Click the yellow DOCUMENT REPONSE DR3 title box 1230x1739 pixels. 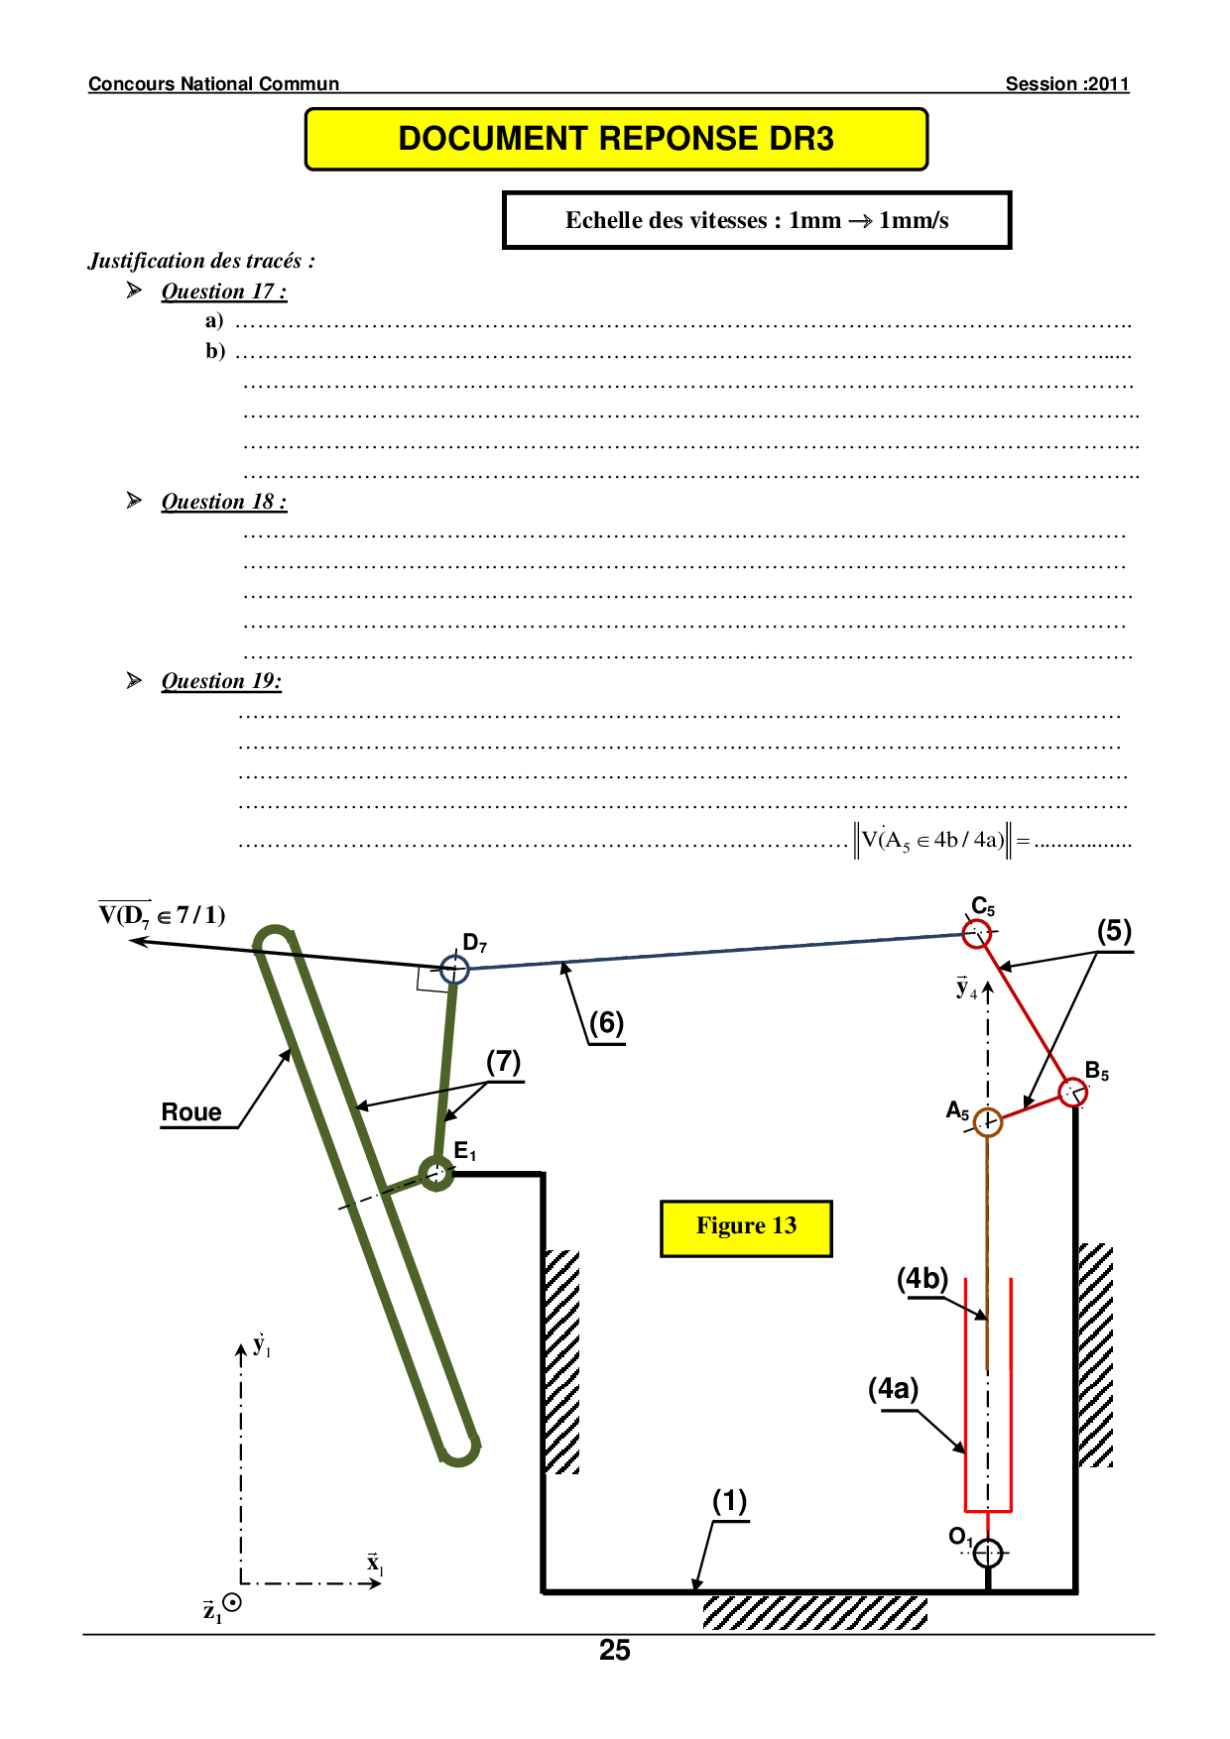(x=616, y=139)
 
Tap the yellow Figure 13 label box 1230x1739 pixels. (x=746, y=1228)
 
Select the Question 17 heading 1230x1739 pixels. (x=224, y=291)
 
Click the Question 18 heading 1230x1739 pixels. (x=224, y=502)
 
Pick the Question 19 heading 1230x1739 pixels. (x=221, y=681)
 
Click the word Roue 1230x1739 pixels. (x=191, y=1112)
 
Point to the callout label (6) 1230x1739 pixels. (x=607, y=1023)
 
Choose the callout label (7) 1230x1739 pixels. (x=504, y=1062)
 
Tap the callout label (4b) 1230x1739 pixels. (x=922, y=1279)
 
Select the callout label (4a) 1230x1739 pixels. (x=894, y=1389)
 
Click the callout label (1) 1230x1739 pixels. (x=730, y=1501)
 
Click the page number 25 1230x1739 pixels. (x=615, y=1650)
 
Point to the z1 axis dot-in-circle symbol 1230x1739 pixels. (x=232, y=1602)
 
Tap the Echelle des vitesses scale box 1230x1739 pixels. (x=757, y=220)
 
